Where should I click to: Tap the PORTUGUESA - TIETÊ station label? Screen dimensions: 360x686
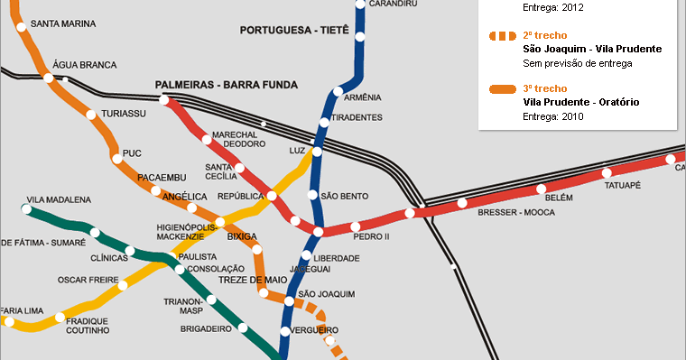pyautogui.click(x=294, y=30)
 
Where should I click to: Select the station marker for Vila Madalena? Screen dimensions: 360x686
pyautogui.click(x=26, y=210)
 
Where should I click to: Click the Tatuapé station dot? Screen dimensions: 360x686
pyautogui.click(x=607, y=172)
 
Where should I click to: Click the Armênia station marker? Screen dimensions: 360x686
pyautogui.click(x=338, y=92)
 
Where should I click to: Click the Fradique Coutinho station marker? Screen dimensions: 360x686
pyautogui.click(x=60, y=317)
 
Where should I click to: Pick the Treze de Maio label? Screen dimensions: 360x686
pyautogui.click(x=253, y=280)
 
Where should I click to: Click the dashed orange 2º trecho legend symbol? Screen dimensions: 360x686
pyautogui.click(x=501, y=36)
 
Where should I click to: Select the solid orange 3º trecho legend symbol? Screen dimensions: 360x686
pyautogui.click(x=501, y=89)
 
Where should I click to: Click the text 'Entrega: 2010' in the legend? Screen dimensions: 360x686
pyautogui.click(x=553, y=116)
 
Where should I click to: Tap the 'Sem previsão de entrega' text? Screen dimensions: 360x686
pyautogui.click(x=577, y=63)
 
